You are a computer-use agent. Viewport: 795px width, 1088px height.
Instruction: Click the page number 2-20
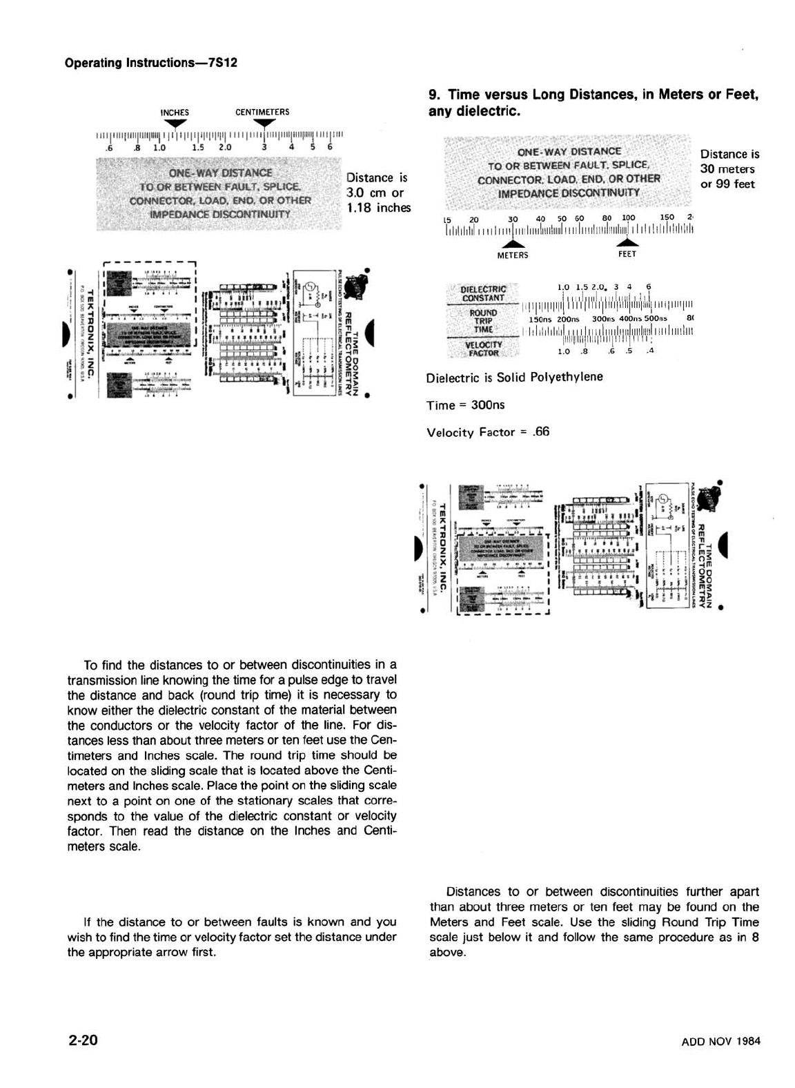pyautogui.click(x=83, y=1040)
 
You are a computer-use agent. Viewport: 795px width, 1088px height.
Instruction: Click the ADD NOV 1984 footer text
pyautogui.click(x=720, y=1041)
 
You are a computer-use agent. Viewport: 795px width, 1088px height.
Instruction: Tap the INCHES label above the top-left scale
pyautogui.click(x=175, y=113)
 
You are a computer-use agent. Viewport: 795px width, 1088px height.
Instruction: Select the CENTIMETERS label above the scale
pyautogui.click(x=262, y=112)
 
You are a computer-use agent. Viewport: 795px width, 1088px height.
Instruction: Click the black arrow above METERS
pyautogui.click(x=512, y=244)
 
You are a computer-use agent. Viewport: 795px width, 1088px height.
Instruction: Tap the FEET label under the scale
pyautogui.click(x=627, y=254)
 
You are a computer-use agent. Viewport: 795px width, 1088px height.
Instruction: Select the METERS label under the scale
pyautogui.click(x=512, y=255)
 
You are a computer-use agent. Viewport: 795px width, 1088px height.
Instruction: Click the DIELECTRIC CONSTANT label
pyautogui.click(x=483, y=293)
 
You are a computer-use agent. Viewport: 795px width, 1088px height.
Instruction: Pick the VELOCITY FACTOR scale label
pyautogui.click(x=483, y=349)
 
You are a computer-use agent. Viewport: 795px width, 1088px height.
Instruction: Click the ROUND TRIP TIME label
pyautogui.click(x=483, y=321)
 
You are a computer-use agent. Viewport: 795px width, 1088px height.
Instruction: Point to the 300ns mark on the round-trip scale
pyautogui.click(x=603, y=319)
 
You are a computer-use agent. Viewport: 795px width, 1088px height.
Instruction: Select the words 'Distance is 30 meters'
pyautogui.click(x=729, y=162)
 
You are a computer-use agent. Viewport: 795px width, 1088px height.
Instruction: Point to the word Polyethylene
pyautogui.click(x=567, y=376)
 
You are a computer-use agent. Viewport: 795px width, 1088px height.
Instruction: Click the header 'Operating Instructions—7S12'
pyautogui.click(x=150, y=63)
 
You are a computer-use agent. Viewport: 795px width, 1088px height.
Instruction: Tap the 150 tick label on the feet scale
pyautogui.click(x=667, y=217)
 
